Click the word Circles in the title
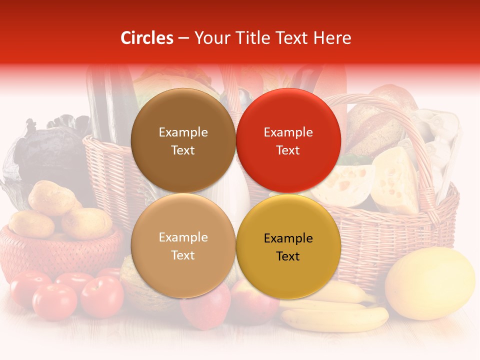click(x=146, y=38)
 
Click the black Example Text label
click(x=288, y=247)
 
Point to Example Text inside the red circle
click(x=288, y=141)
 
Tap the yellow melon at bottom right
click(x=430, y=283)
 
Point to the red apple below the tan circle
click(x=205, y=310)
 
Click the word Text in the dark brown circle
click(x=183, y=150)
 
